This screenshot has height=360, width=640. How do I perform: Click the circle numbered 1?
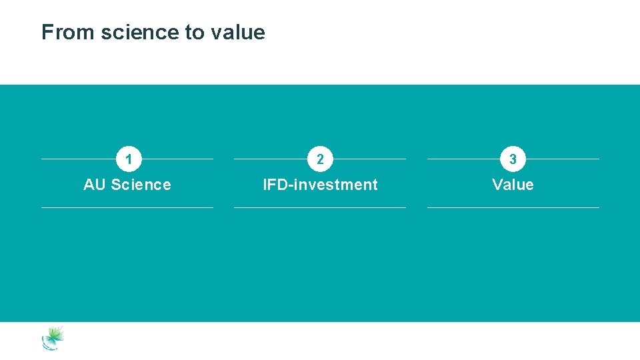[128, 159]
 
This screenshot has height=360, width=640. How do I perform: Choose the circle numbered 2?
[320, 159]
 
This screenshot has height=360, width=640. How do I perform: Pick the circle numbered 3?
[513, 159]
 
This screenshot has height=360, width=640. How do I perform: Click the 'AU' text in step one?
[95, 185]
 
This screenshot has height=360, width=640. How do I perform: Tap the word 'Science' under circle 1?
[141, 185]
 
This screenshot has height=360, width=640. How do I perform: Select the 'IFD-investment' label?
[320, 185]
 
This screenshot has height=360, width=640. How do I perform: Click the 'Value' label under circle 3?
[513, 185]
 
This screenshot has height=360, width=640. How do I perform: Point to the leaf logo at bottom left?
[53, 338]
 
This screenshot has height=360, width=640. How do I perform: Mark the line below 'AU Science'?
[127, 207]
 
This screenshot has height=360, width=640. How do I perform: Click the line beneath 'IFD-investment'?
[320, 207]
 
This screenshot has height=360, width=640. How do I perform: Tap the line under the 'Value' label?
[513, 207]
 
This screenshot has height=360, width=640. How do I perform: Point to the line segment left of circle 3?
[463, 159]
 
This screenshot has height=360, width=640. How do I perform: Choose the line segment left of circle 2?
[271, 159]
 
